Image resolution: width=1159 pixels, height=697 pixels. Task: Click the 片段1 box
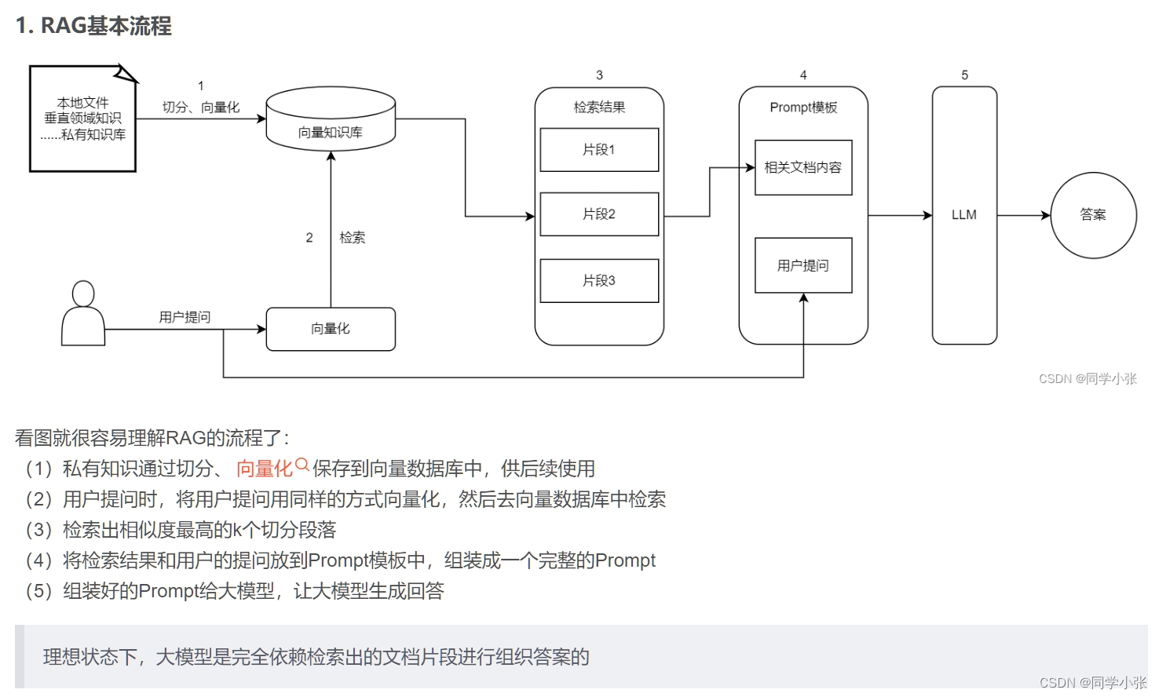599,150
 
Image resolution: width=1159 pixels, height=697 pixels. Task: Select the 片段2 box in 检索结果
599,214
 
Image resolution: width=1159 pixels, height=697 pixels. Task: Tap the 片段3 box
599,281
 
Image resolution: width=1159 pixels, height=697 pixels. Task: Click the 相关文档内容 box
803,167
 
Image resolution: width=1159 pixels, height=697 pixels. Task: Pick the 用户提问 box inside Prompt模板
803,265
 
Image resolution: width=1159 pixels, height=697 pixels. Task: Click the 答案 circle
1093,215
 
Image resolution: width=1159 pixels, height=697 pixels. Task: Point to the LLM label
964,215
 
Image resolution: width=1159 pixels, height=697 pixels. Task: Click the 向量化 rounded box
331,329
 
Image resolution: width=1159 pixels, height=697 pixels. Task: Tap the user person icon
83,314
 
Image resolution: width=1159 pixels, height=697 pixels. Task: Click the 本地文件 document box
83,119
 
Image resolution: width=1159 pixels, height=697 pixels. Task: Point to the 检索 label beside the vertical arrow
353,238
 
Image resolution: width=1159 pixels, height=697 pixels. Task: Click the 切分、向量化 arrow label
201,108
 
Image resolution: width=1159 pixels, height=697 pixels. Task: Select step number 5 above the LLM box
965,75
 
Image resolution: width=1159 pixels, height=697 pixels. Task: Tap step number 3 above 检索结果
599,75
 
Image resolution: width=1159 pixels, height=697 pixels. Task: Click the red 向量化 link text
264,469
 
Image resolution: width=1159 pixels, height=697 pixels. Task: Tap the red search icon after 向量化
302,465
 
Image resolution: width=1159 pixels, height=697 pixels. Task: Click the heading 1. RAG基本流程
93,26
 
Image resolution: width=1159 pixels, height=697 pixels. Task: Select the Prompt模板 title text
803,108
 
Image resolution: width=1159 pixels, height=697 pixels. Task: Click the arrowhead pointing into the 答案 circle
1046,215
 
